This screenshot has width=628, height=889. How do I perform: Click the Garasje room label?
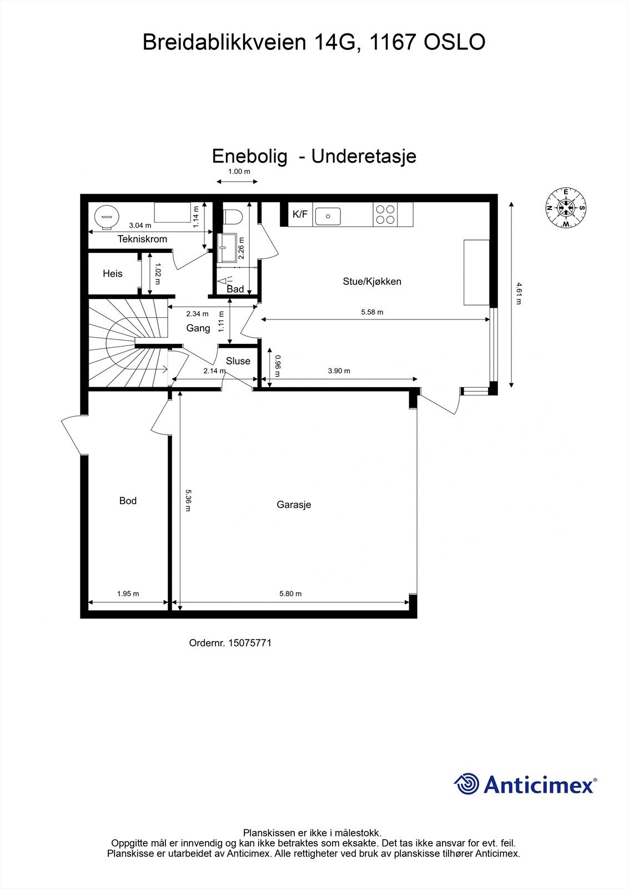coord(294,505)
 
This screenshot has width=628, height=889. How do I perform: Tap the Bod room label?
coord(128,501)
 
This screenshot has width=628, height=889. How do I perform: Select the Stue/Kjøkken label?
coord(371,281)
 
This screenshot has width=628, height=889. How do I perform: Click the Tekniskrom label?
coord(142,239)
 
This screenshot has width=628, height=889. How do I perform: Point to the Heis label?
coord(112,273)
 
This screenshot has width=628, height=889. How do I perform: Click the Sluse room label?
coord(238,361)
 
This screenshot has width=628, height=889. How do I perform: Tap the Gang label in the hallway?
coord(198,328)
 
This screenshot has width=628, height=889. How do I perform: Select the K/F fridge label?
coord(300,214)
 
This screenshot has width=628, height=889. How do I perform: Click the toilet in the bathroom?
coord(231,216)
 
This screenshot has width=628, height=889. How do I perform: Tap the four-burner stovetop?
coord(386,214)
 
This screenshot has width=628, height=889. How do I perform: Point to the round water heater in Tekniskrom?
coord(107,216)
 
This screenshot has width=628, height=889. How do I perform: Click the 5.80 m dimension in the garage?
coord(290,593)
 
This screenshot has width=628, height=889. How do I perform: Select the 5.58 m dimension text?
coord(372,312)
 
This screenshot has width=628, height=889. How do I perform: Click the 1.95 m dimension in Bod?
coord(128,593)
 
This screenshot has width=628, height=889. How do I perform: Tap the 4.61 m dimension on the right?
coord(519,293)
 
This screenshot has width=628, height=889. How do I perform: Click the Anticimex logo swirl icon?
coord(467,784)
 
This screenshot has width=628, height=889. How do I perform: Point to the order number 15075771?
coord(249,643)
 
